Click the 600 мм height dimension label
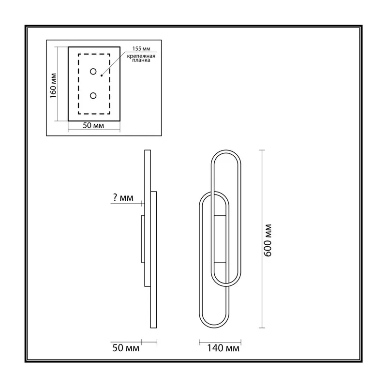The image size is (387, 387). (x=268, y=240)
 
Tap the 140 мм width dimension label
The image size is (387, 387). (x=223, y=348)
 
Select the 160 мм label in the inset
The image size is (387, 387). (x=53, y=86)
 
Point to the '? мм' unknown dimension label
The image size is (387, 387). (x=123, y=197)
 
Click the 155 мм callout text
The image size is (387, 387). (x=141, y=49)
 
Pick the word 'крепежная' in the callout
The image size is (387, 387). (x=141, y=56)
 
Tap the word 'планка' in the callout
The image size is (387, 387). (x=141, y=60)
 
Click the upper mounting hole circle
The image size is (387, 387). (x=93, y=72)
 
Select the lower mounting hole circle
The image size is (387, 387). (x=93, y=95)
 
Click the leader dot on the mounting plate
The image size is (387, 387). (x=102, y=75)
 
